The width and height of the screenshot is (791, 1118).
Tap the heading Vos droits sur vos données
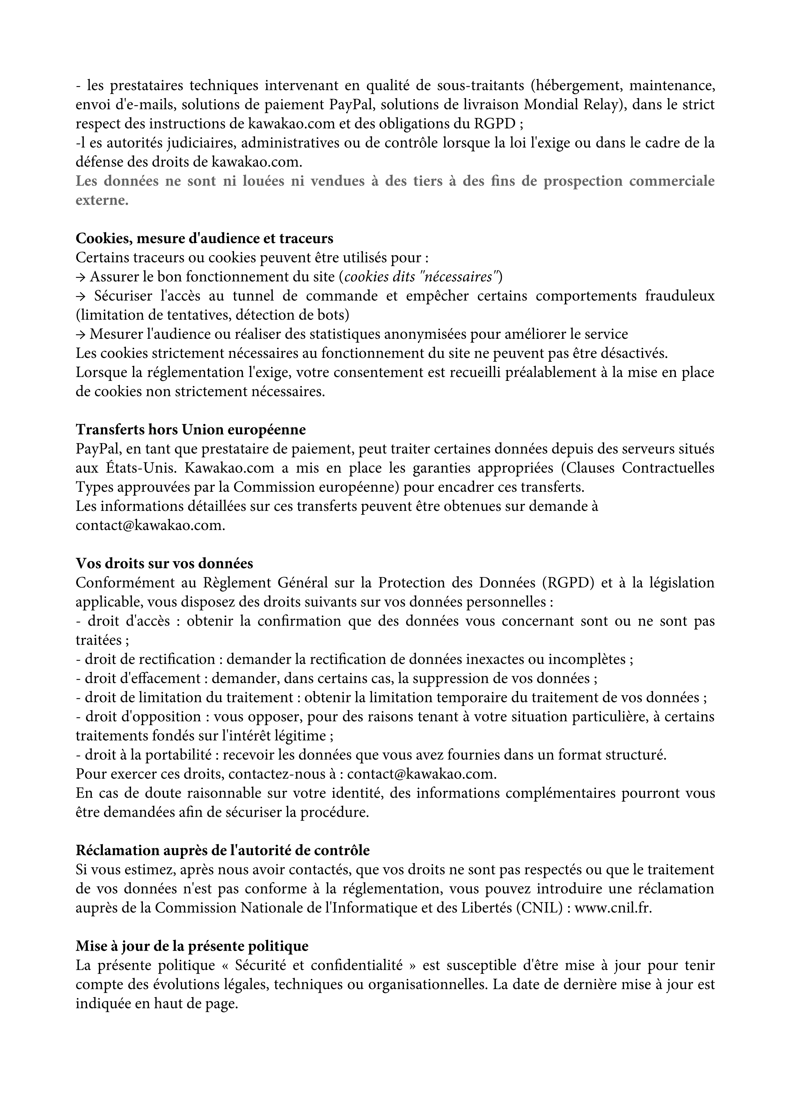click(x=164, y=563)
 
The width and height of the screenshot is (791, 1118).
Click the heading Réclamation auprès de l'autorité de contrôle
click(x=223, y=850)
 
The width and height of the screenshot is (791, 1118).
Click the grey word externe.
click(x=101, y=200)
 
